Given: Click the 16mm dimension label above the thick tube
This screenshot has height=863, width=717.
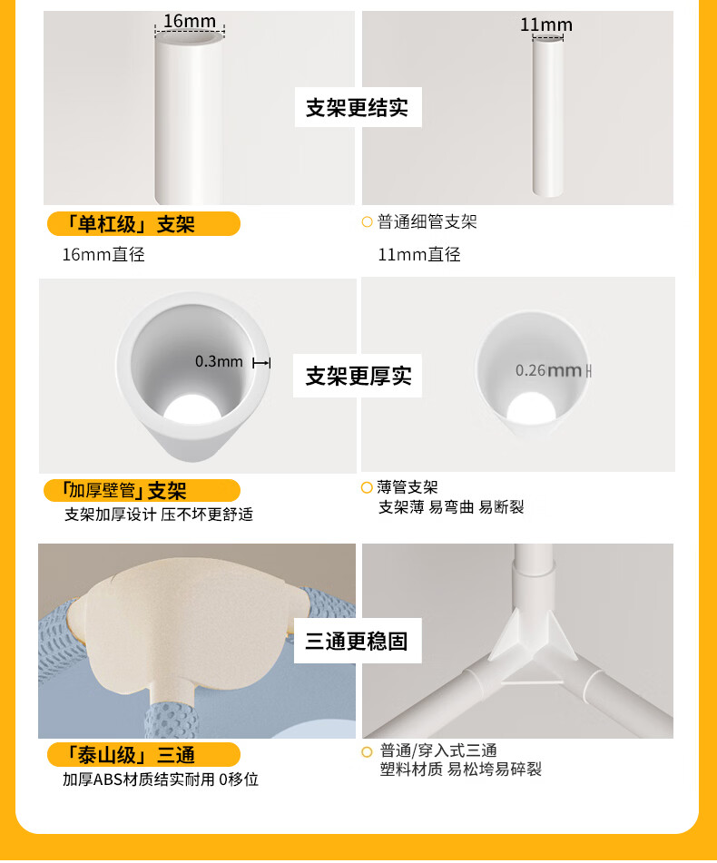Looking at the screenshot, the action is point(190,21).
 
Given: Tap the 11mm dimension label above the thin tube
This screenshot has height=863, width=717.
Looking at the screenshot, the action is point(546,25).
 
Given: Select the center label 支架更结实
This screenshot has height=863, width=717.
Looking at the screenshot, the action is point(358,107).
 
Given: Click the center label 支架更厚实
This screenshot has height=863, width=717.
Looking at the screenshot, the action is point(358,376).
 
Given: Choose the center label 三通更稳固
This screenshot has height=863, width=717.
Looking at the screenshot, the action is point(357,642).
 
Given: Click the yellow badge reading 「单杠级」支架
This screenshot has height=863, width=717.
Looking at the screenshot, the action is point(143,224).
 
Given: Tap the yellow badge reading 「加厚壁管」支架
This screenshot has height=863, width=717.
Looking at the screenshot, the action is point(142,490).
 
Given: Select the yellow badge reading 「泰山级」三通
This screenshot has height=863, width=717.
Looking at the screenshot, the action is point(143,755).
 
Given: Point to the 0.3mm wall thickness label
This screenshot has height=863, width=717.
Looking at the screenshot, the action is point(219,361).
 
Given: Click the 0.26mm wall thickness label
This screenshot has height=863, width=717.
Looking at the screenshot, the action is point(548,370).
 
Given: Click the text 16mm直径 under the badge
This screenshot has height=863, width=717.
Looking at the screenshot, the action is point(103,254).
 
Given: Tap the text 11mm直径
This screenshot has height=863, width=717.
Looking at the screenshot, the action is point(419,254).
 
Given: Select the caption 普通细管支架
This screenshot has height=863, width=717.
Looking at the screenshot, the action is point(427,221).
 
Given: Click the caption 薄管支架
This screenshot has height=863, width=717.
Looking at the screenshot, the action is point(408,487).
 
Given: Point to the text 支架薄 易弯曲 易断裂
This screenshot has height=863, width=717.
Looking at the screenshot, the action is point(451,507).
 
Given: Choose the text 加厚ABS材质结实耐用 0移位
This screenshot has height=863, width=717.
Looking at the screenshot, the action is point(160,780).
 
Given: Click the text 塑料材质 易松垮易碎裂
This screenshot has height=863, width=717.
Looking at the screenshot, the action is point(460,769).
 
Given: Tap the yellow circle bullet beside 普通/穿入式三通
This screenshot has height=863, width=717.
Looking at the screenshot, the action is point(367,751).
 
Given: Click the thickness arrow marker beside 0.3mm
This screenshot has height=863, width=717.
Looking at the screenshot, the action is point(261,363).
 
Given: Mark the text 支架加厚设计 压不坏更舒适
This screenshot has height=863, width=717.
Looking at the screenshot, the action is point(159,514).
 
